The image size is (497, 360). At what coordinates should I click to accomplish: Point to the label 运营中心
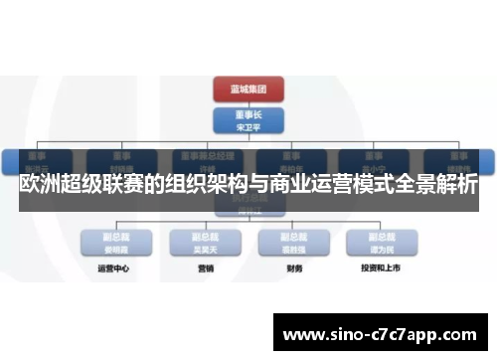click(110, 269)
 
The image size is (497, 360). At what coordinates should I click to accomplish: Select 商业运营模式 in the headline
click(326, 186)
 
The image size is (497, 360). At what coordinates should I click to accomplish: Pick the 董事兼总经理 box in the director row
click(207, 159)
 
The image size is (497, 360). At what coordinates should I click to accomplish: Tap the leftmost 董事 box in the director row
click(38, 159)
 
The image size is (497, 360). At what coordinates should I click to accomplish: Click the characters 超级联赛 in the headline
click(104, 186)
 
